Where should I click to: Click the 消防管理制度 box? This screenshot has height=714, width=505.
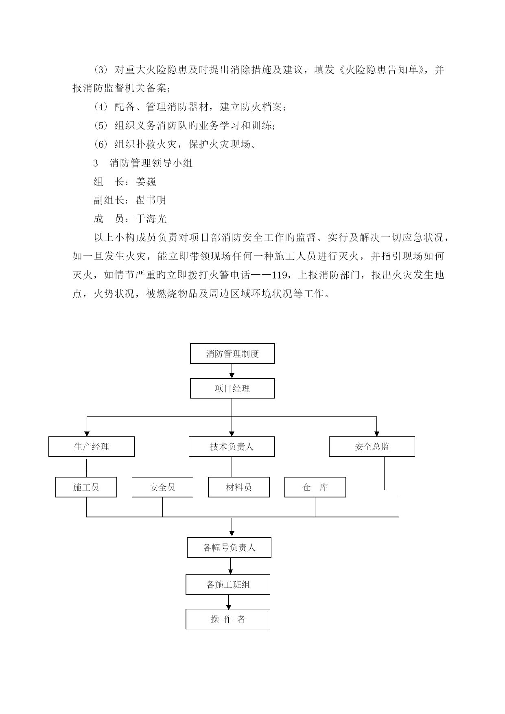232,353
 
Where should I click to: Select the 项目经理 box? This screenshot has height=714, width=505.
232,388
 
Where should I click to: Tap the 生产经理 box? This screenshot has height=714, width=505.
92,447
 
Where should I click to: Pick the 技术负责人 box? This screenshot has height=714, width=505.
232,447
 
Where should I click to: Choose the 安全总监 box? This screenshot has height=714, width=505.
372,447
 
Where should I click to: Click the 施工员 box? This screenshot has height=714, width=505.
86,487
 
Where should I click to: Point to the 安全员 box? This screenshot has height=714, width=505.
162,487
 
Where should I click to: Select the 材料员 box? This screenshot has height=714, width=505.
239,487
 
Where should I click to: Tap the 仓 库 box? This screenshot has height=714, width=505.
315,487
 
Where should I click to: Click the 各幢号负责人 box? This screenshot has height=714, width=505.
229,548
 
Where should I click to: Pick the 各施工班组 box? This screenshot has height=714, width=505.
228,585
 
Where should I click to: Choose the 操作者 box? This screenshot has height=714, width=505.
228,619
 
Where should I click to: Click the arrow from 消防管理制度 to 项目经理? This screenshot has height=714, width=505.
232,371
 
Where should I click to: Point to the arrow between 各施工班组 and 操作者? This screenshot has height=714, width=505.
229,602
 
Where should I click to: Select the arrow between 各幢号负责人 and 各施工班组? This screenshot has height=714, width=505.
231,566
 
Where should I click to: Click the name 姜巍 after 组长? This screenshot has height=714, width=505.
146,182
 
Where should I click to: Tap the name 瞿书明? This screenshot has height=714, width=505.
151,200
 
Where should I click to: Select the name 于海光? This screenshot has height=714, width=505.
151,219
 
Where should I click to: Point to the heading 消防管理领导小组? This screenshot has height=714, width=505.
151,163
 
